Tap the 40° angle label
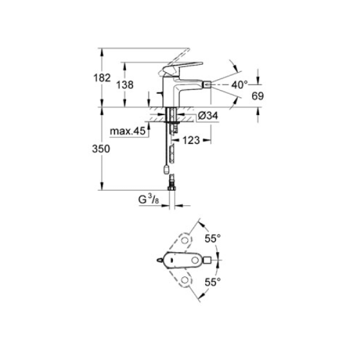click(x=240, y=85)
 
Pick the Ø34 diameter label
click(x=206, y=116)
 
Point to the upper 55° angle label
click(x=213, y=238)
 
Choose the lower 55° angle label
click(x=213, y=280)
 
